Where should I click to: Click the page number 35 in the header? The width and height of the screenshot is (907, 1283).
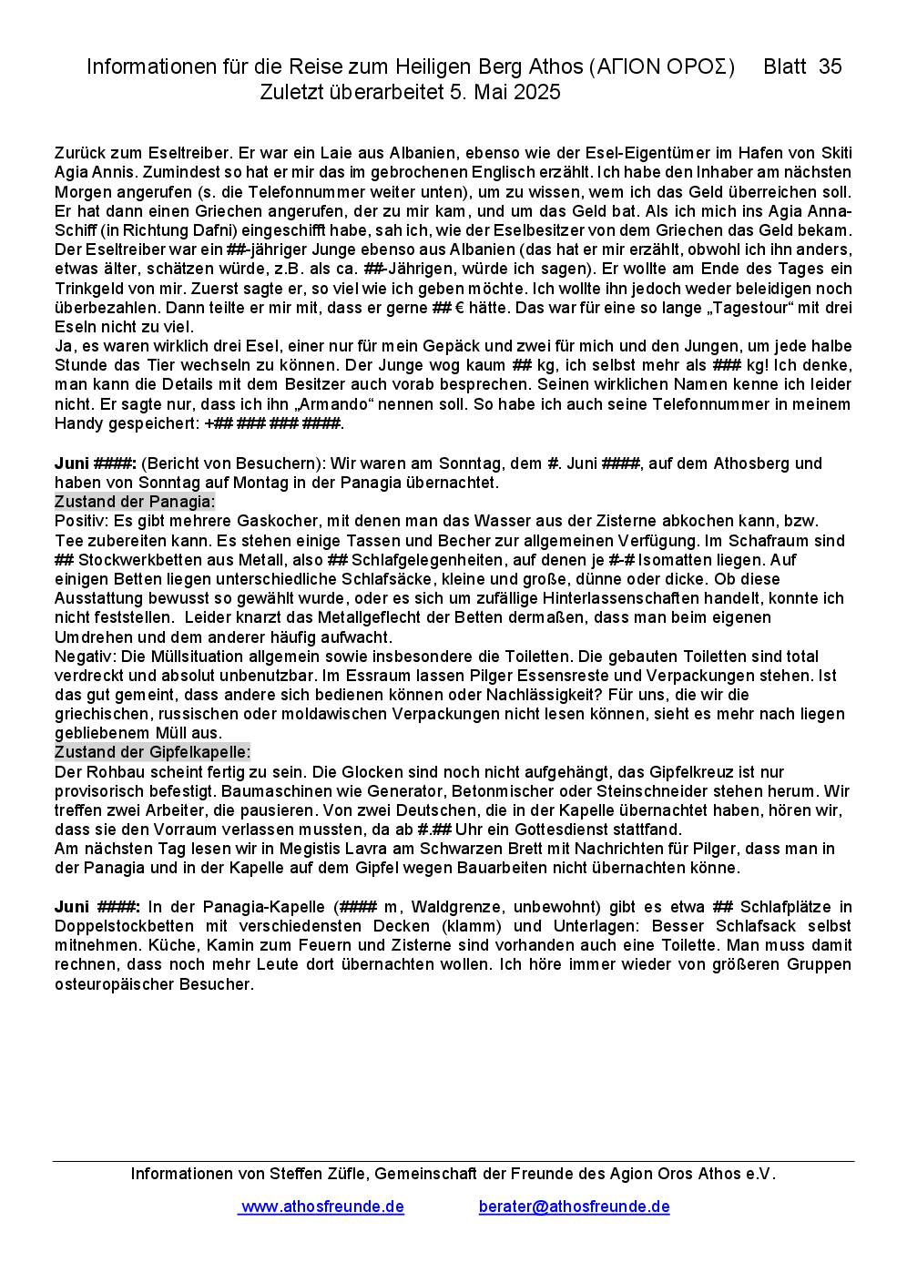click(x=830, y=66)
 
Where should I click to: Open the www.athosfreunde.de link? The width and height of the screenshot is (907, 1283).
click(x=322, y=1207)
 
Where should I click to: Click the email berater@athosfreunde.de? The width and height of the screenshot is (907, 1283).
click(x=574, y=1207)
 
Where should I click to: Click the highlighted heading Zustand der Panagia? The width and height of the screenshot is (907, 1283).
click(x=135, y=502)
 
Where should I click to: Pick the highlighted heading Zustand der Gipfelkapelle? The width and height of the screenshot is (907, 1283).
click(x=152, y=752)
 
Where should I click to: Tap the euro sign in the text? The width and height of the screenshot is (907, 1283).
click(x=460, y=308)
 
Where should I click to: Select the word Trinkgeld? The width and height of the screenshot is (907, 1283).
click(x=88, y=289)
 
